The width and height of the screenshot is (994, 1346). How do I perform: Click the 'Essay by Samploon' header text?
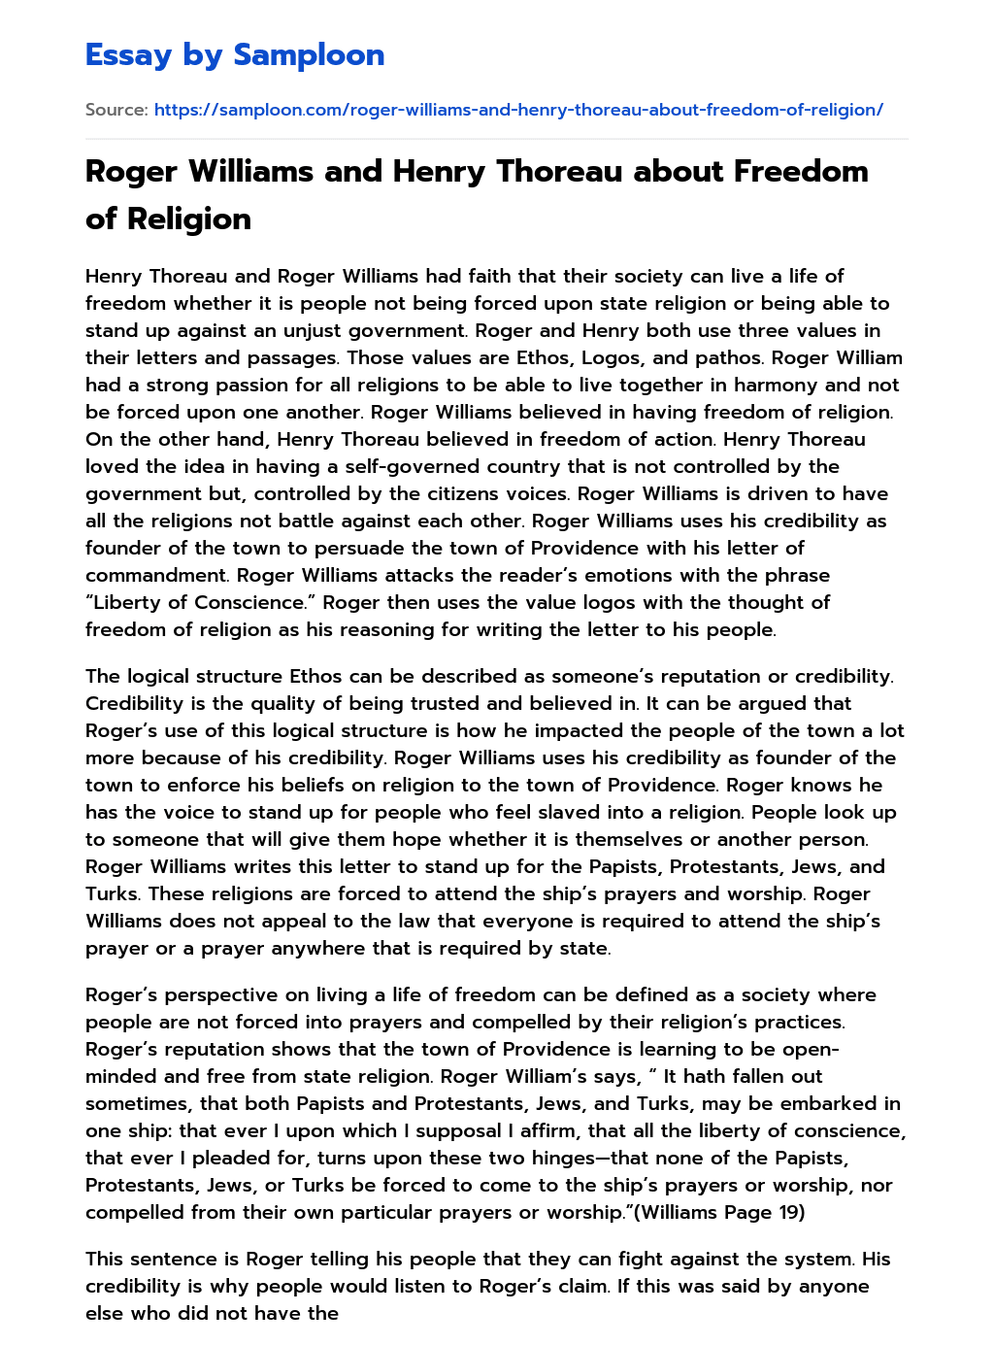[x=235, y=55]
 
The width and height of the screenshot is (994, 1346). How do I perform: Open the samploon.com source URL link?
[x=518, y=110]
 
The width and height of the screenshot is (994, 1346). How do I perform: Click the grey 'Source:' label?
[x=116, y=110]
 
